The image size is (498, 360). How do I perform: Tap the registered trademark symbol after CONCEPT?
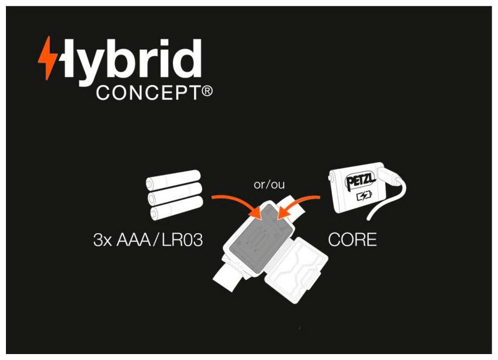[x=207, y=91]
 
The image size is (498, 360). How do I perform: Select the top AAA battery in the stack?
[x=173, y=180]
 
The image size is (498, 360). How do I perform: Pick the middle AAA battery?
[x=174, y=194]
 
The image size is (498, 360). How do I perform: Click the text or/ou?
[x=269, y=185]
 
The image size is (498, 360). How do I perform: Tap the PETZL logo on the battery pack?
[x=360, y=181]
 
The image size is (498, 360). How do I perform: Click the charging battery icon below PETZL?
[x=364, y=196]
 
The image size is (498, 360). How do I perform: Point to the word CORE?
[x=352, y=240]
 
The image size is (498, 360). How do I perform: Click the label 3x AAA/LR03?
[x=148, y=240]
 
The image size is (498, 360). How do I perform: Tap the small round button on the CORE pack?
[x=331, y=178]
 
